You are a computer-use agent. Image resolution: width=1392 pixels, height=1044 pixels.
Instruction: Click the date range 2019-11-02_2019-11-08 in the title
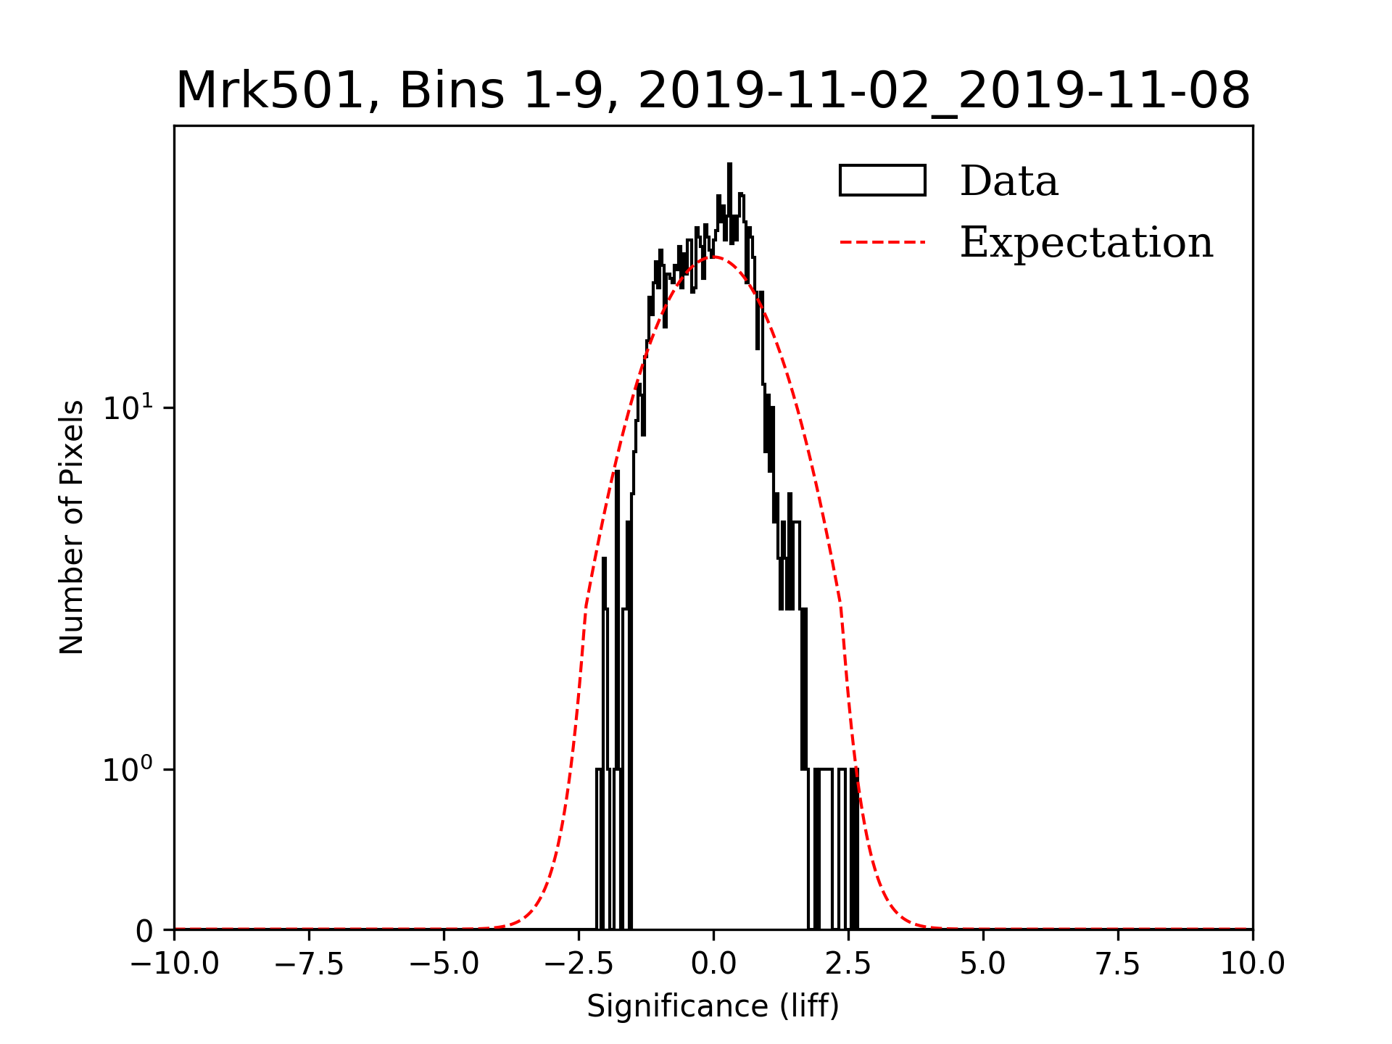point(944,91)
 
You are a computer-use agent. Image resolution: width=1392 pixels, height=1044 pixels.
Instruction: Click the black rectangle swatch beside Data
point(882,181)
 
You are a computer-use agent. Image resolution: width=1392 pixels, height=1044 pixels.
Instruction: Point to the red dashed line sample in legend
point(882,242)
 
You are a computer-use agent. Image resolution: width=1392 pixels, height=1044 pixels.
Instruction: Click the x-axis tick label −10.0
point(174,964)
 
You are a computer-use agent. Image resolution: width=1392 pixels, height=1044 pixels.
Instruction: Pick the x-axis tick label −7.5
point(309,964)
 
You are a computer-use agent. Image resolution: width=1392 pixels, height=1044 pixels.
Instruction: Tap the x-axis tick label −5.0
point(444,964)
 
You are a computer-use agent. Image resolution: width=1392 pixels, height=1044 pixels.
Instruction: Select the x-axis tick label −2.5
point(579,964)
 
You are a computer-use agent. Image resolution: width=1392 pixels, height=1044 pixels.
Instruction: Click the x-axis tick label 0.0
point(713,964)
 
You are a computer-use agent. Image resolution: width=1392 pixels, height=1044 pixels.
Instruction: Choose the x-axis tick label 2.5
point(848,964)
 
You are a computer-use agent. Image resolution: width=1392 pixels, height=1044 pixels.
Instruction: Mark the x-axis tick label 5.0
point(983,964)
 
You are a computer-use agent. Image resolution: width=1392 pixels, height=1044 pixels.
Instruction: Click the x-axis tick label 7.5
point(1118,964)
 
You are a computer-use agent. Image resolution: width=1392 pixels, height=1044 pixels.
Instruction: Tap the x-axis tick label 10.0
point(1253,964)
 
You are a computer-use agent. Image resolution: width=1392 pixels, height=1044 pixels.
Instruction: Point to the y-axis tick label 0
point(144,932)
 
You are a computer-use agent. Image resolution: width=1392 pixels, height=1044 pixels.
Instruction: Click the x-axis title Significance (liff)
point(713,1007)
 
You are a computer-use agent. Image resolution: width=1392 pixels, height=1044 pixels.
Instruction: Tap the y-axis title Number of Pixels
point(72,527)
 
